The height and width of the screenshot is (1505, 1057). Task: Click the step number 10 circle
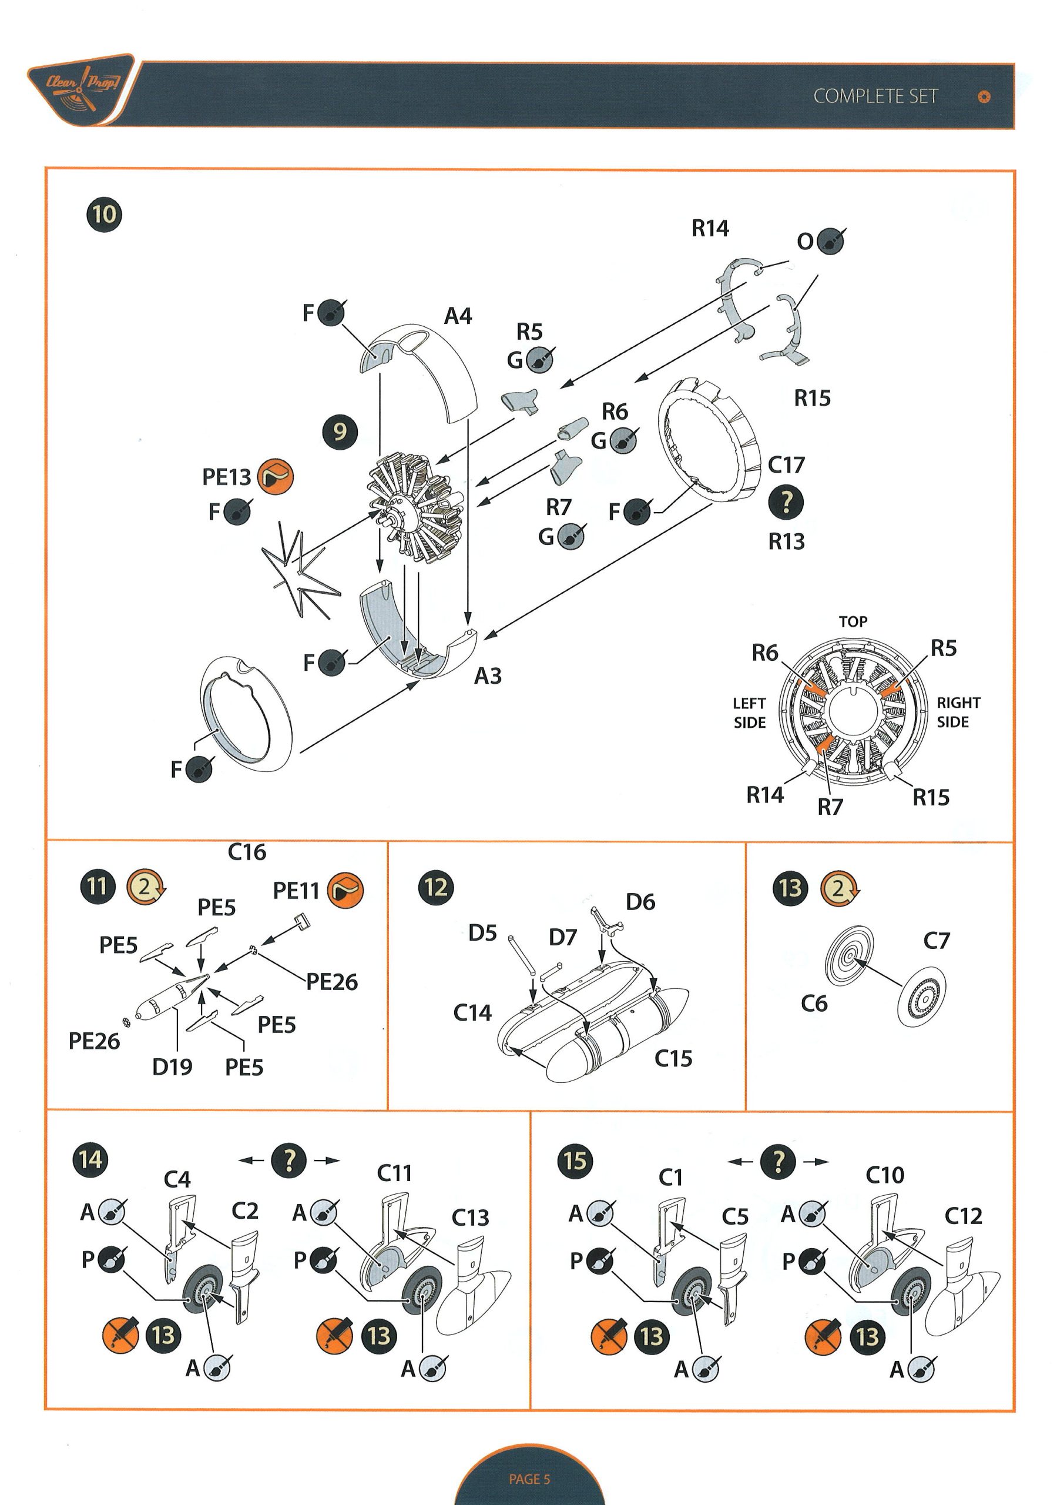104,215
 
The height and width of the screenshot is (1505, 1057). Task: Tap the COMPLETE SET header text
875,96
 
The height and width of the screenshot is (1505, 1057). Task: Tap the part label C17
786,465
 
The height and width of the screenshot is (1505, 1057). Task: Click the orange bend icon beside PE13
275,477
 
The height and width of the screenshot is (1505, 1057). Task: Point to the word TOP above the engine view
853,621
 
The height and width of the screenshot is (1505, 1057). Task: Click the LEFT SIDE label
749,713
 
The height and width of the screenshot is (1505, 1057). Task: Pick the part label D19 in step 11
172,1067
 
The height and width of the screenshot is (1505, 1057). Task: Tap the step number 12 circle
436,888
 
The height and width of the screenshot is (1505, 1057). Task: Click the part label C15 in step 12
673,1058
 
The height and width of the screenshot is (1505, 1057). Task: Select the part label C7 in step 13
936,941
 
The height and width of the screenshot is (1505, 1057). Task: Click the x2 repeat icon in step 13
839,888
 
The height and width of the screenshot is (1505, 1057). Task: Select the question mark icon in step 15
778,1162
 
